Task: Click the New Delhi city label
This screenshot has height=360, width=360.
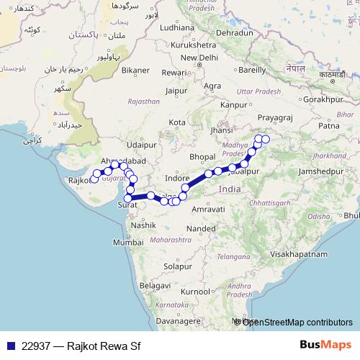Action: tap(199, 58)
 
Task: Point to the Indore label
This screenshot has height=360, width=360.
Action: tap(177, 176)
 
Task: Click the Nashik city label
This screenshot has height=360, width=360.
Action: tap(143, 225)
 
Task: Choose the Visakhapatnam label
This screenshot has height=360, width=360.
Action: tap(300, 254)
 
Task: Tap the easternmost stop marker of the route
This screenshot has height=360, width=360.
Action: tap(266, 139)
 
